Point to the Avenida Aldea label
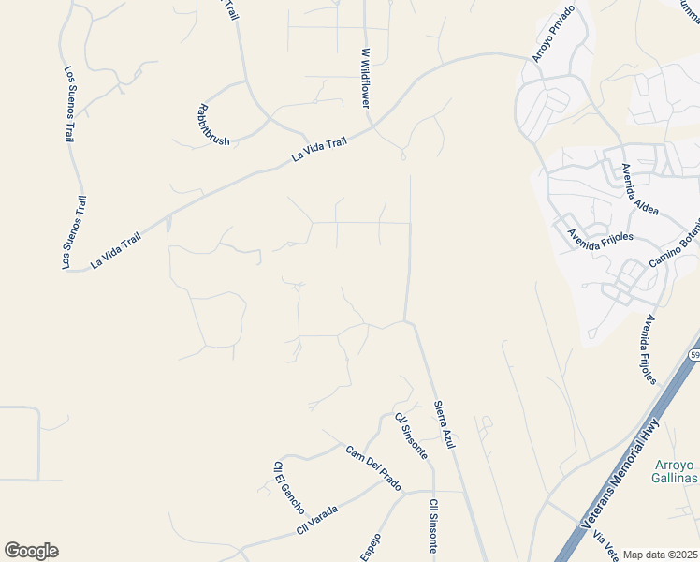pyautogui.click(x=640, y=189)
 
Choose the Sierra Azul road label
pyautogui.click(x=444, y=423)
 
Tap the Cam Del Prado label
pyautogui.click(x=373, y=467)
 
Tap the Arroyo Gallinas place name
pyautogui.click(x=674, y=471)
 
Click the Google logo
pyautogui.click(x=31, y=551)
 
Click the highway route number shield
pyautogui.click(x=694, y=355)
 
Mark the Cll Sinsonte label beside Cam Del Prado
pyautogui.click(x=411, y=436)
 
